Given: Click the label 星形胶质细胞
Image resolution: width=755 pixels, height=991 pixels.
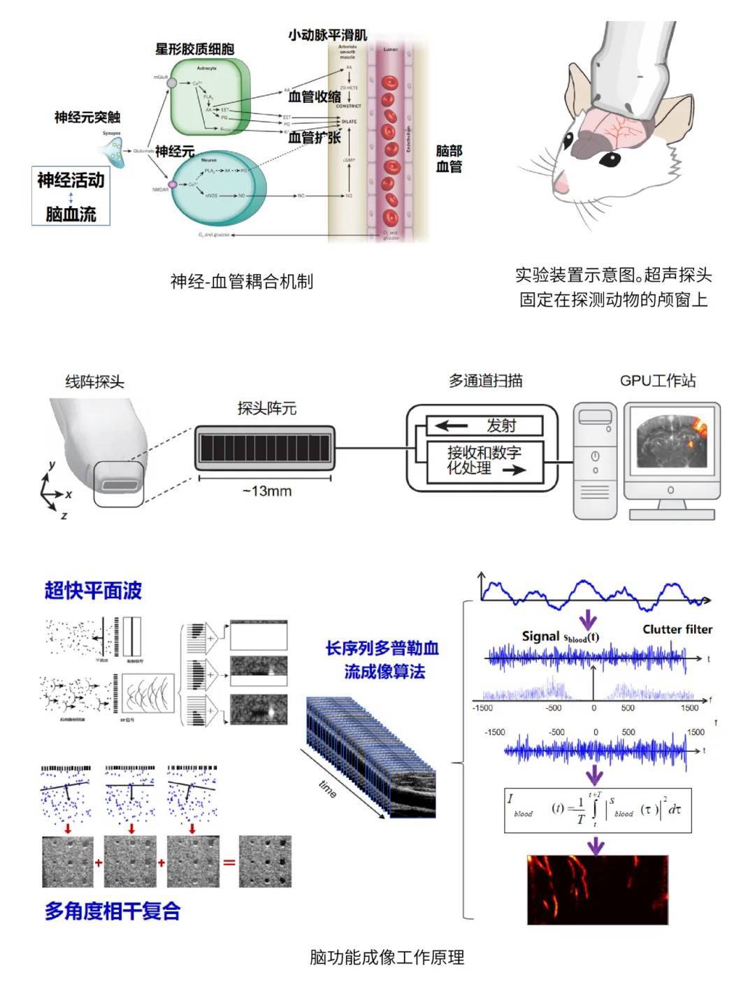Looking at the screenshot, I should click(x=194, y=49).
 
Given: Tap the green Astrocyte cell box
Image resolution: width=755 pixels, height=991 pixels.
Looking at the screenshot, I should click(x=206, y=98).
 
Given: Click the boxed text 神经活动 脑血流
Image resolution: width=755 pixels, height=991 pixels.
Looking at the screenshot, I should click(x=71, y=196).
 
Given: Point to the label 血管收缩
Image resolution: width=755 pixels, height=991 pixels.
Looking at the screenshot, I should click(x=315, y=97).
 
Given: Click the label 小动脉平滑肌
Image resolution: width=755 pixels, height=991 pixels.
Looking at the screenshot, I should click(x=327, y=35).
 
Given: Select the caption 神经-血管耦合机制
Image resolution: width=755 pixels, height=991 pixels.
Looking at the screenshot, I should click(x=242, y=282).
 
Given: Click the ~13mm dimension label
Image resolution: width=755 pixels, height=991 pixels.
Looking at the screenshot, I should click(x=266, y=491).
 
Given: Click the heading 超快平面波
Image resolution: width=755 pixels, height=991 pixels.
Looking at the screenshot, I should click(x=93, y=591).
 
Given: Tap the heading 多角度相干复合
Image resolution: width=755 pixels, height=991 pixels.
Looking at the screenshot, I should click(x=113, y=911).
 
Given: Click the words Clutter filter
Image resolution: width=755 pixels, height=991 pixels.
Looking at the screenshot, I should click(x=677, y=630).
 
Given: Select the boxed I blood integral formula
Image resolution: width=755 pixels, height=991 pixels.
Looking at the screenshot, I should click(x=598, y=810).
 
